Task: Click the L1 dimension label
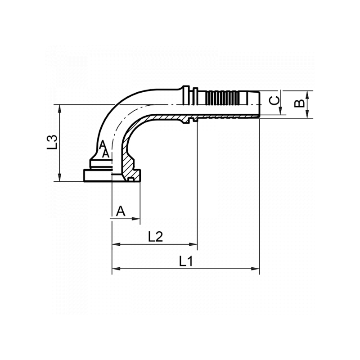[x=185, y=261]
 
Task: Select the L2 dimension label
[x=155, y=237]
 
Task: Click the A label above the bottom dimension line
[x=121, y=211]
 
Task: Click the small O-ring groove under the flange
[x=130, y=180]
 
